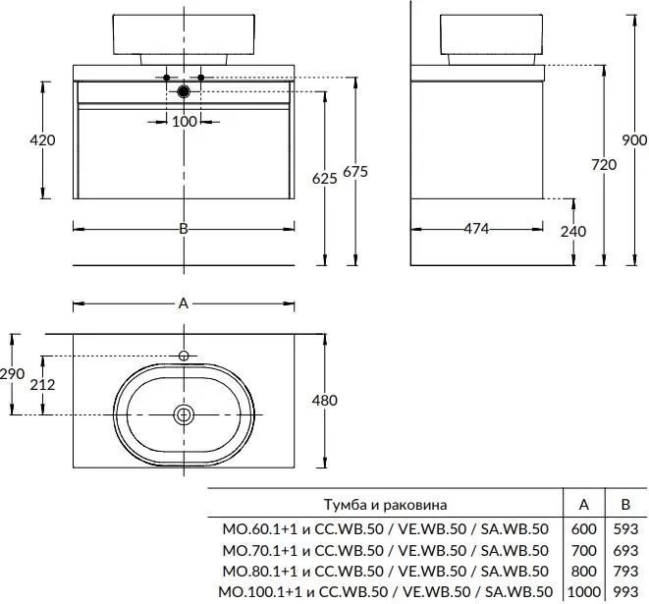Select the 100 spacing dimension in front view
184,121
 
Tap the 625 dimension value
325,178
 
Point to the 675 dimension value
354,172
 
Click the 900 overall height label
635,140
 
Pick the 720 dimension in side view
604,165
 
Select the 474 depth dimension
476,230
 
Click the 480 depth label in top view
324,401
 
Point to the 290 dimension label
13,374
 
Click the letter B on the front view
184,229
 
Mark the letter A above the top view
184,303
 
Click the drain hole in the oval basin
184,414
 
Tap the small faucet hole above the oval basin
184,355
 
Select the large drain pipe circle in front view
184,92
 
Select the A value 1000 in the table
583,592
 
